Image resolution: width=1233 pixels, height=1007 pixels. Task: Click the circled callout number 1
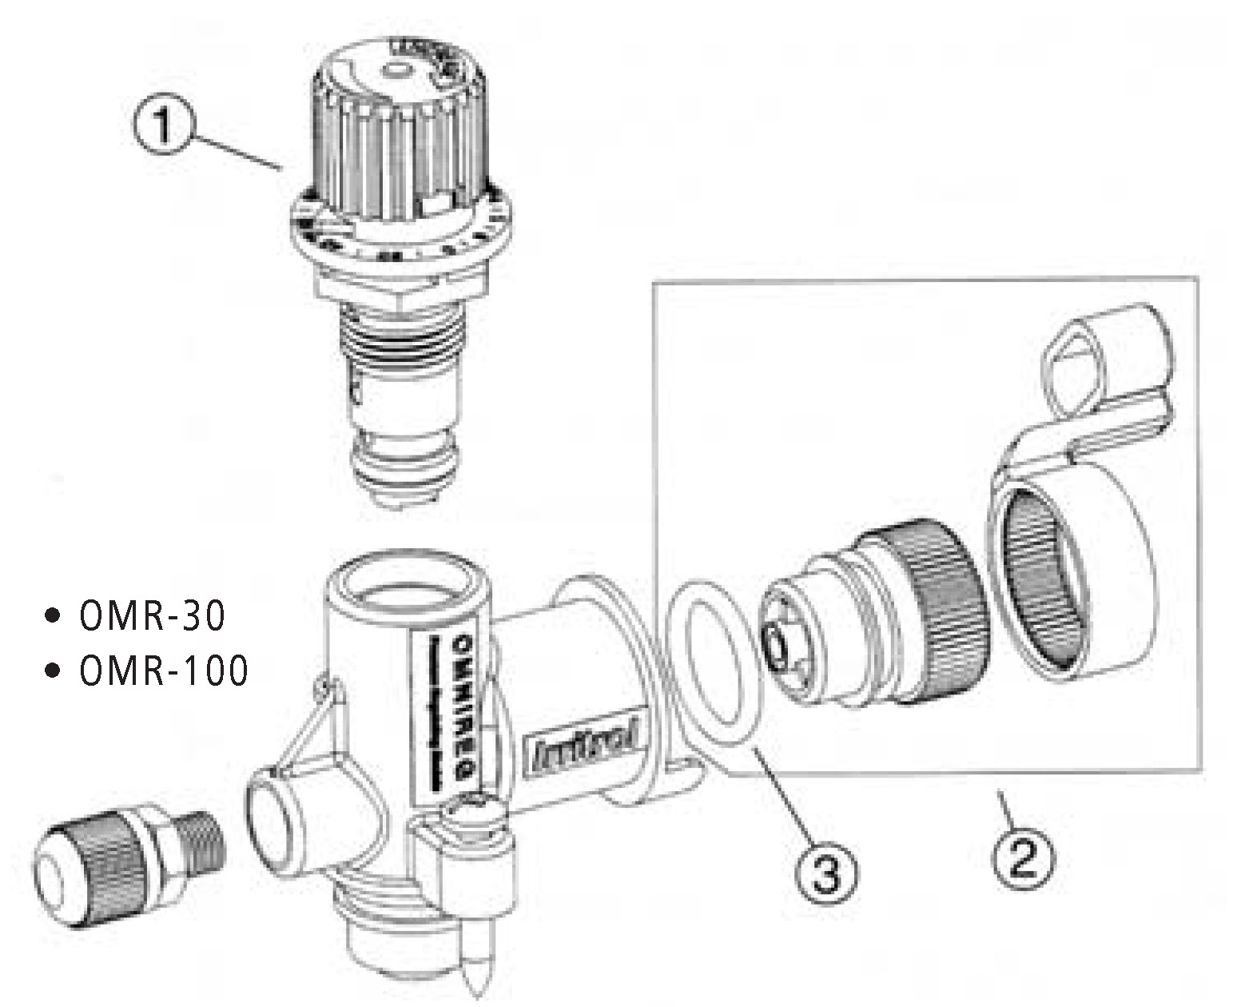click(x=162, y=126)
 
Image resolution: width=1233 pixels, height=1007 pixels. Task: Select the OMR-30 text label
click(x=152, y=616)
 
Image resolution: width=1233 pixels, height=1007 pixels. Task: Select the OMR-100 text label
click(x=163, y=671)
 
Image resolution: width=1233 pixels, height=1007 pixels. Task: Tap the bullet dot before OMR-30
click(x=54, y=617)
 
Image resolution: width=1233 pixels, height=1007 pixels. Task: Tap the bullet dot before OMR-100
click(x=54, y=671)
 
